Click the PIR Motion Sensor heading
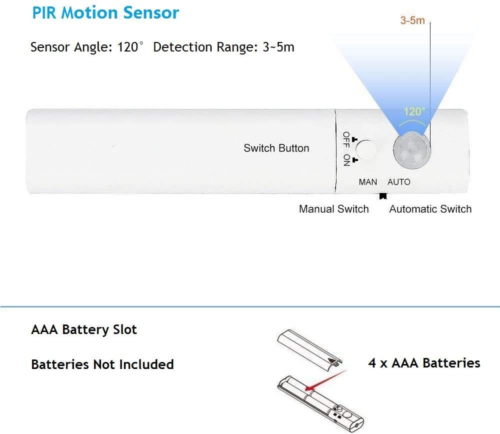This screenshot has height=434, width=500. click(105, 13)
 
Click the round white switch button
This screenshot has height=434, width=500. click(366, 149)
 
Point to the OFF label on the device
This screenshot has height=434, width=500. click(346, 139)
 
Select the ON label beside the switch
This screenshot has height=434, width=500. click(346, 160)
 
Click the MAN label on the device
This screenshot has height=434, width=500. click(367, 182)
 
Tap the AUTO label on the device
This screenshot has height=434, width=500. click(399, 182)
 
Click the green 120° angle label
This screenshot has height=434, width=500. click(414, 111)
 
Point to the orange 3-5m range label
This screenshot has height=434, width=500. click(412, 20)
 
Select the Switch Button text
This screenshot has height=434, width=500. click(276, 148)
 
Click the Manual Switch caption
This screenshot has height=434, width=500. click(334, 209)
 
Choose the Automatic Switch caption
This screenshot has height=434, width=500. click(430, 209)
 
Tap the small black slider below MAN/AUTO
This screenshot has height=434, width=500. click(383, 196)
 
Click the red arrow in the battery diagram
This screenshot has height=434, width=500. click(325, 380)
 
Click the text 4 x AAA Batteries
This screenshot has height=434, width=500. click(424, 363)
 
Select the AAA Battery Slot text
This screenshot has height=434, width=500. click(84, 329)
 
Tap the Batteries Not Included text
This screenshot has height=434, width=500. click(102, 364)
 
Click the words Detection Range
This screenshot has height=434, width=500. click(205, 47)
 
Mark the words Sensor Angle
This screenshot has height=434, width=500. click(71, 47)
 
